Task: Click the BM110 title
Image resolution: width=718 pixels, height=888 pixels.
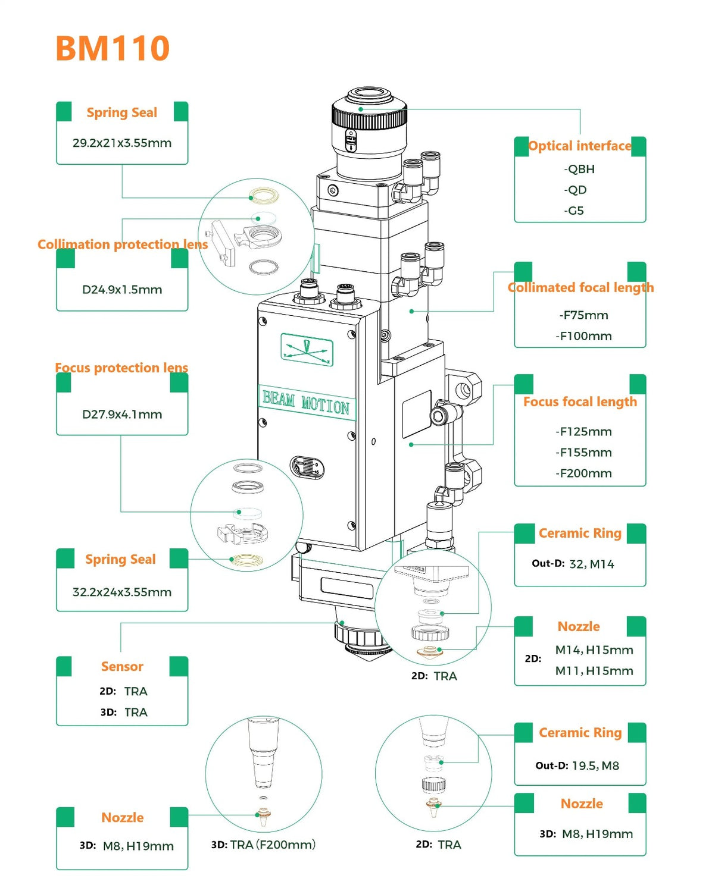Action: (113, 48)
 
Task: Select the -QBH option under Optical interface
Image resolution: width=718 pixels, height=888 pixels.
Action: (579, 169)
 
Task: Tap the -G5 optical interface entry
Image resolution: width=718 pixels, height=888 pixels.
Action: (574, 211)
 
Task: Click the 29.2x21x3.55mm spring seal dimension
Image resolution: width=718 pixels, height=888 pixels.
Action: (122, 143)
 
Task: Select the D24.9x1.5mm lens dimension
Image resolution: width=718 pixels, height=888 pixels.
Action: (122, 290)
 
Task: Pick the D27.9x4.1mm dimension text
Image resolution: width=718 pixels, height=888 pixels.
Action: (122, 414)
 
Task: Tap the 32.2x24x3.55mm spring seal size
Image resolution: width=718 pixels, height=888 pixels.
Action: (122, 592)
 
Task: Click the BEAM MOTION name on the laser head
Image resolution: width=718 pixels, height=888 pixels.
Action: (306, 403)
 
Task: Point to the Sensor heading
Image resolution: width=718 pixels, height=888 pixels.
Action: (122, 666)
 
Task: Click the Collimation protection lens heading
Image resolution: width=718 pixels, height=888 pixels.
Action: (123, 244)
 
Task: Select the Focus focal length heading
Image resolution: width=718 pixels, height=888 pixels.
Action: (580, 402)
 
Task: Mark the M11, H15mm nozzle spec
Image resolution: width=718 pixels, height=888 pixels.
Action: (594, 671)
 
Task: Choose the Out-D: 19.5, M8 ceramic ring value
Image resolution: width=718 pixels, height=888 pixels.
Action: (577, 765)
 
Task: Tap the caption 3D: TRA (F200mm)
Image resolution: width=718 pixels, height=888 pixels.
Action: (263, 845)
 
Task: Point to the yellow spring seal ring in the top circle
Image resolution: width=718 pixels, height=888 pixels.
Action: (264, 194)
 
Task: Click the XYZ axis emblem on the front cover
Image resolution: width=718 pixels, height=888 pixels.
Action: (307, 349)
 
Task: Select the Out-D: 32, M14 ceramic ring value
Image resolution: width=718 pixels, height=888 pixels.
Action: (573, 564)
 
